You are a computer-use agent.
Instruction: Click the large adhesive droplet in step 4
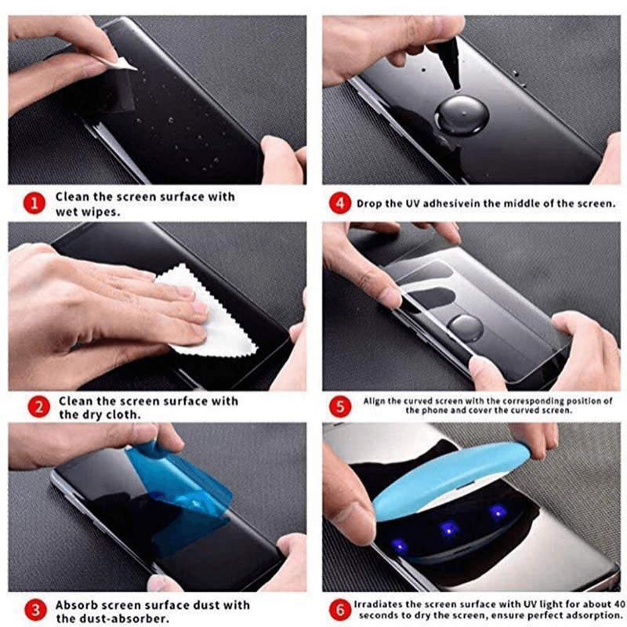(x=463, y=115)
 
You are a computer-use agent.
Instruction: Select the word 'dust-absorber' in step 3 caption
(x=119, y=618)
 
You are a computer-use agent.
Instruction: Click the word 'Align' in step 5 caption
(x=374, y=400)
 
